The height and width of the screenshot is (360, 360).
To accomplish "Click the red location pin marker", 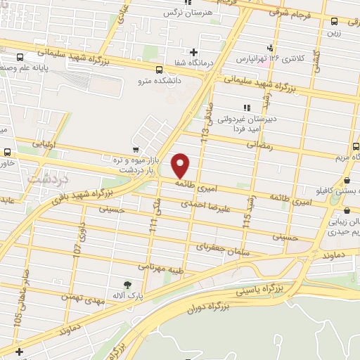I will pyautogui.click(x=181, y=165).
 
